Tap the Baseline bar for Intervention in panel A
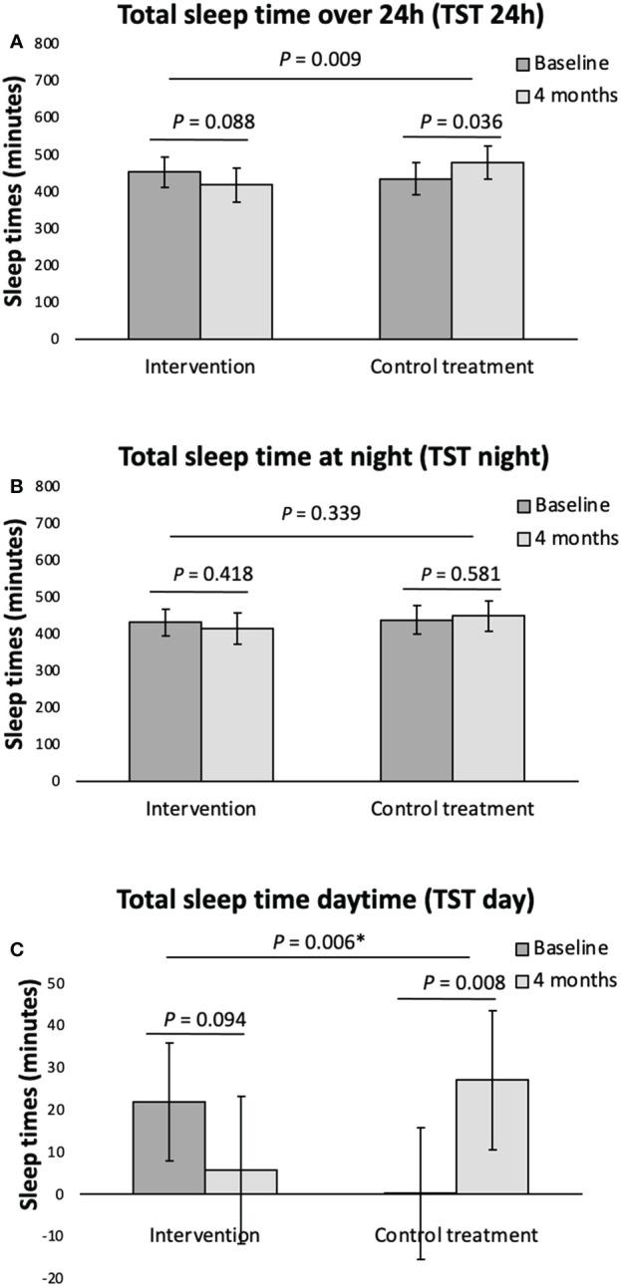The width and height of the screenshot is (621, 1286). point(164,255)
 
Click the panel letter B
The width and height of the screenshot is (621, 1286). point(16,487)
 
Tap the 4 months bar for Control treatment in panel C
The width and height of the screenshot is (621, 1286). point(487,1137)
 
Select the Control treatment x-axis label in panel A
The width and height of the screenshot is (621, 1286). point(452,366)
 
